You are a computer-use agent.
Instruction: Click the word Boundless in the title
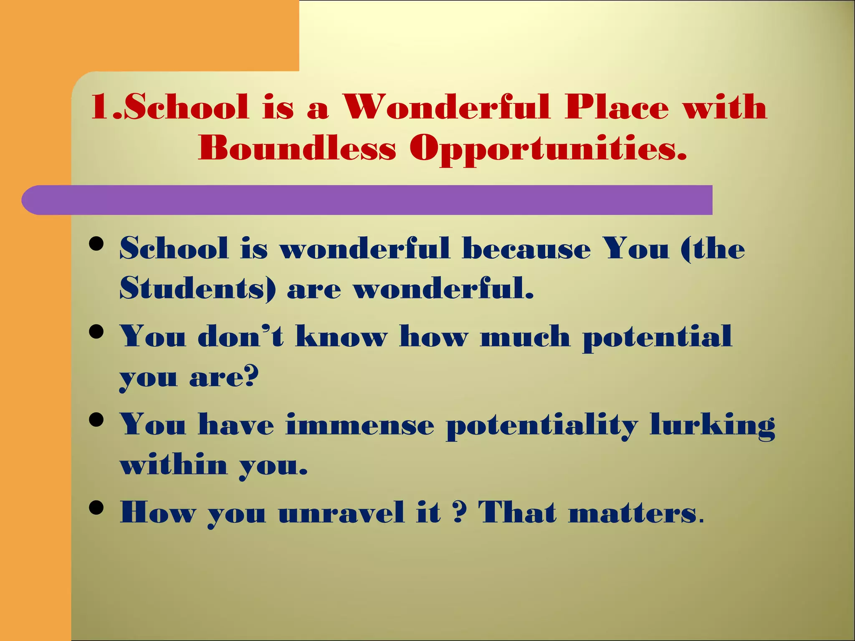click(x=297, y=148)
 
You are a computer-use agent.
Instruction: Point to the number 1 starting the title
click(x=100, y=107)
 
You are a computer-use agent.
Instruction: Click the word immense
click(x=360, y=425)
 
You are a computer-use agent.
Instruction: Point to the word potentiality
click(x=541, y=426)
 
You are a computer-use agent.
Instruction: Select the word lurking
click(x=712, y=426)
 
